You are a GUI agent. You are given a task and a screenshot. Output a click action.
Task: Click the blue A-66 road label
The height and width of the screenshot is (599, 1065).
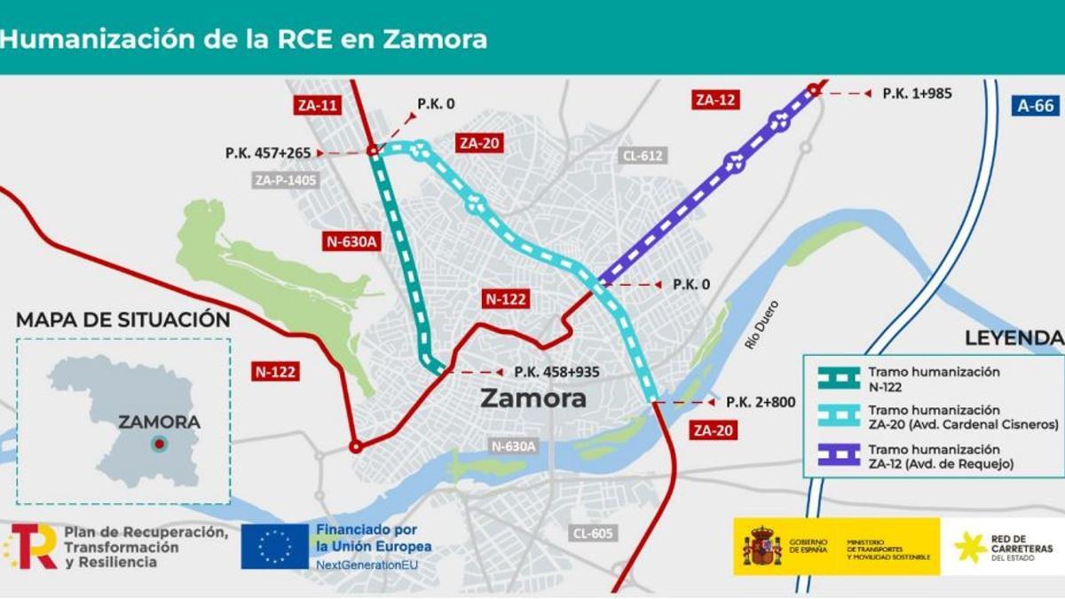[1035, 106]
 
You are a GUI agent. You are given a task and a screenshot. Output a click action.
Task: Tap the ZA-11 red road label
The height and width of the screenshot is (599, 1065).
[317, 106]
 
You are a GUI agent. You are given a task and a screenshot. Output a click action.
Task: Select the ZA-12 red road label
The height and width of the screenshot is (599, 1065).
[715, 99]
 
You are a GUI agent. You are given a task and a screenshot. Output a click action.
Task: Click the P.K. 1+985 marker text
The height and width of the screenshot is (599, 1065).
[917, 93]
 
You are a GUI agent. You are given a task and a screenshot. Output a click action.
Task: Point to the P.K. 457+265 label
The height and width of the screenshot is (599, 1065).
[268, 154]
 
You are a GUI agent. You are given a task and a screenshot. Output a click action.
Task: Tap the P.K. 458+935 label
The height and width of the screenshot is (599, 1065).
[556, 372]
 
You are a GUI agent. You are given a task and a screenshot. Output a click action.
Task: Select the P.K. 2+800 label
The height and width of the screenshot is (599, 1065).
[761, 402]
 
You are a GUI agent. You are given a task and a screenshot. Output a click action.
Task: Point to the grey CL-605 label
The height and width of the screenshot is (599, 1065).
[594, 532]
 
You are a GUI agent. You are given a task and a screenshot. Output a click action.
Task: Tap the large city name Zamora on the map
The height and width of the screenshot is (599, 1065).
[533, 398]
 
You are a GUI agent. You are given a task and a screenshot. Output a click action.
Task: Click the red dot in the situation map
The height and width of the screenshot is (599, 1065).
[159, 444]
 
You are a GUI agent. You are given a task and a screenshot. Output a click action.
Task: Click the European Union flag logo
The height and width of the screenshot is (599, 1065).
[275, 546]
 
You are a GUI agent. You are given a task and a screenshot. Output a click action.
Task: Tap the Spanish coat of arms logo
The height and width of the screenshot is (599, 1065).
[761, 547]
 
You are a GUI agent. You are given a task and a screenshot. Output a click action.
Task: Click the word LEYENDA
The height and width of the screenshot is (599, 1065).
[1014, 338]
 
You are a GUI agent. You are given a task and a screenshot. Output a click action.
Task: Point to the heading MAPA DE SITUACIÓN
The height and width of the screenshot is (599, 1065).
[123, 320]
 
